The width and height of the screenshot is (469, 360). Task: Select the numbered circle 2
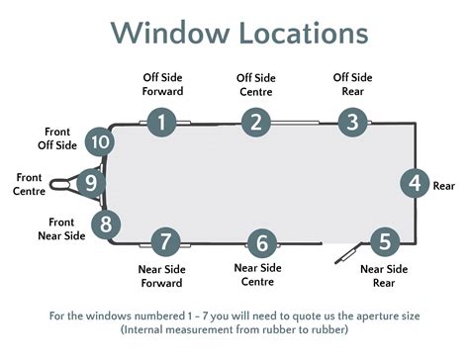pyautogui.click(x=256, y=122)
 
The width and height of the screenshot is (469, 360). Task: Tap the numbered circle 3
pyautogui.click(x=352, y=122)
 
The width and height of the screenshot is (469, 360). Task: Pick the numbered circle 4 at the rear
pyautogui.click(x=415, y=184)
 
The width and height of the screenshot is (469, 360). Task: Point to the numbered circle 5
pyautogui.click(x=384, y=239)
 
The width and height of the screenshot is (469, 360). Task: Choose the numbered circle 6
pyautogui.click(x=261, y=242)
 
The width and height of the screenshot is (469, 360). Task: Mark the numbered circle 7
pyautogui.click(x=165, y=240)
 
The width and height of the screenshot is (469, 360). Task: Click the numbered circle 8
pyautogui.click(x=107, y=224)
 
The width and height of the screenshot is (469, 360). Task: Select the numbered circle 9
pyautogui.click(x=90, y=183)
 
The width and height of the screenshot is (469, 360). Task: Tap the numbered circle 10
pyautogui.click(x=98, y=142)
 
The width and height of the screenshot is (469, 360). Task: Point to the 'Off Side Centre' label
pyautogui.click(x=256, y=84)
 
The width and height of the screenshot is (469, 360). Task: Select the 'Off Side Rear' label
pyautogui.click(x=353, y=84)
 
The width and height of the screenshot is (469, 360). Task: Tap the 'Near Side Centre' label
pyautogui.click(x=258, y=274)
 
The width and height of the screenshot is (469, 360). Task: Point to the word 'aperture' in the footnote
pyautogui.click(x=342, y=315)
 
